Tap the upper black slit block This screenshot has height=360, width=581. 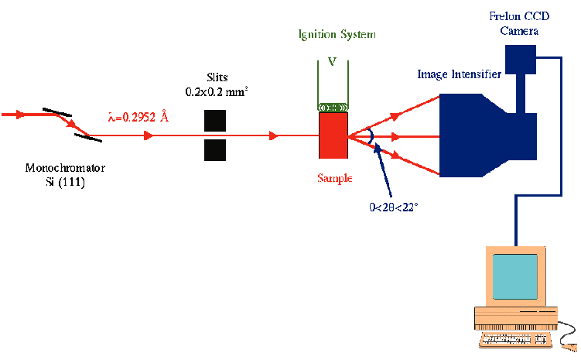[x=215, y=121]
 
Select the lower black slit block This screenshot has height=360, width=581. [x=215, y=150]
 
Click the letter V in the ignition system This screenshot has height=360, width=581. [x=332, y=61]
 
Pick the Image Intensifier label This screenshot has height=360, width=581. [x=459, y=74]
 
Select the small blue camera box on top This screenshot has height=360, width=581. [x=520, y=57]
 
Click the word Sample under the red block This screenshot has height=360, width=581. [x=335, y=178]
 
